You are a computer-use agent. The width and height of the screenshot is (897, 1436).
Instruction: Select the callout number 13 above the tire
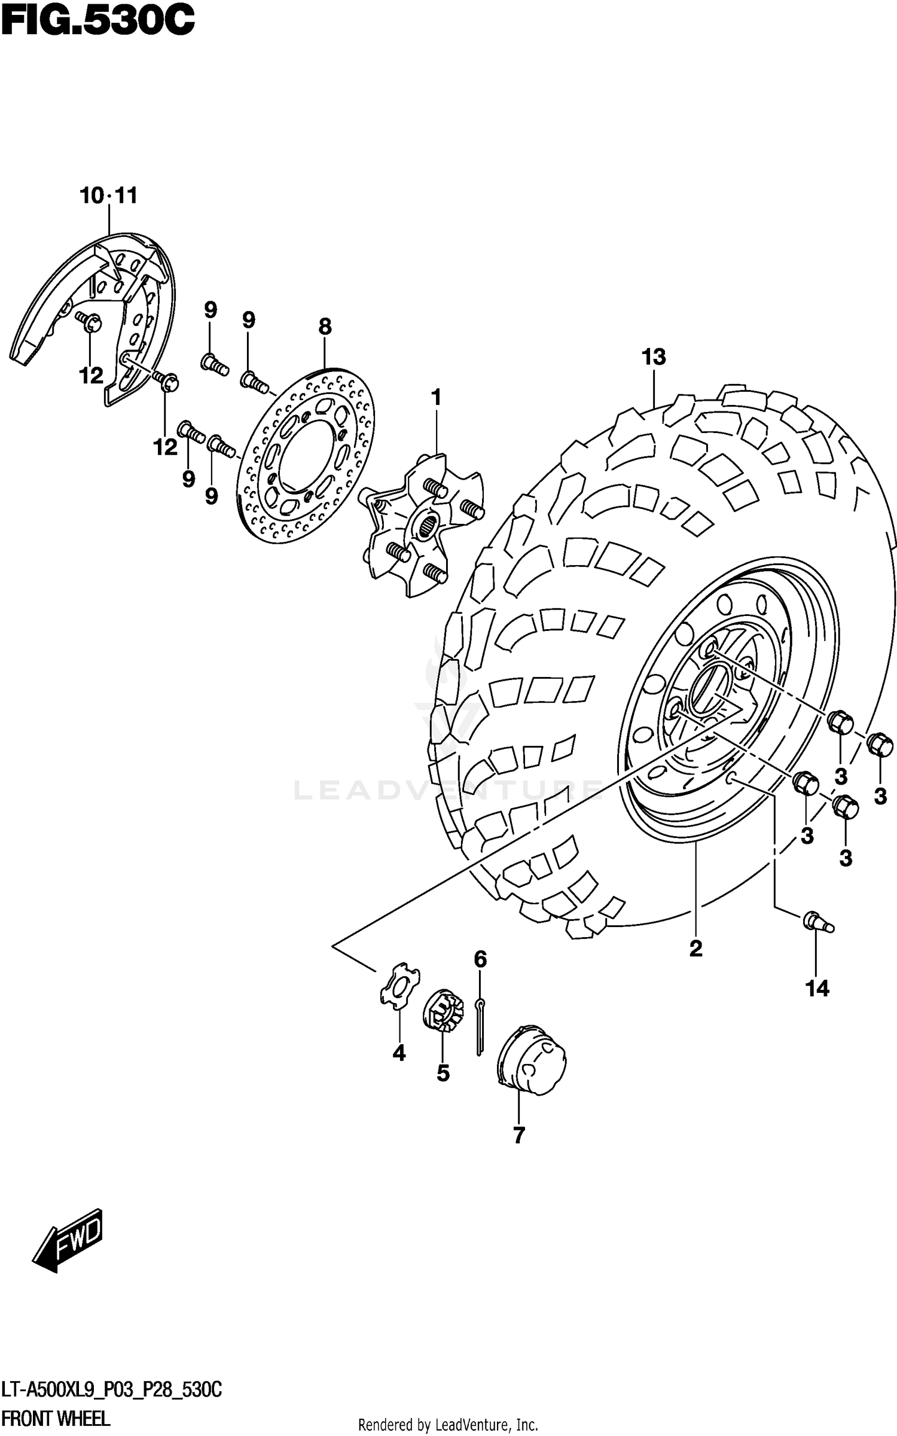(654, 357)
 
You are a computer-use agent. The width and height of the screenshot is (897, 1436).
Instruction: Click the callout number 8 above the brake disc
(324, 327)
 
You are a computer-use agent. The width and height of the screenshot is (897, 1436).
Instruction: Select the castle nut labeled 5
(443, 1010)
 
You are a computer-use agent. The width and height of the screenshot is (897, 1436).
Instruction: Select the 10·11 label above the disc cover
(108, 196)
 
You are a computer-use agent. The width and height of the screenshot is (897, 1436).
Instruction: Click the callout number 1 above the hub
(436, 397)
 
